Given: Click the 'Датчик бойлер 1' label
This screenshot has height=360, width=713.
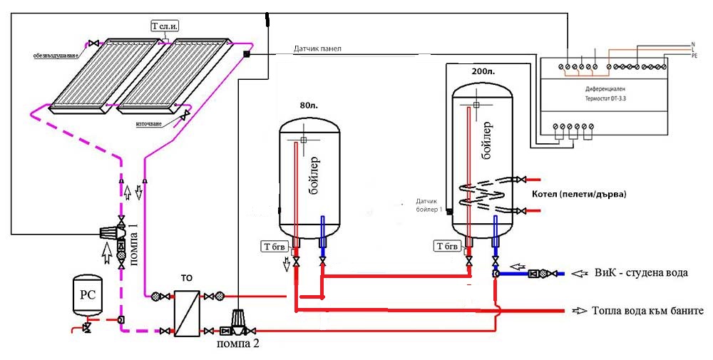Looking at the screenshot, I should click(431, 205).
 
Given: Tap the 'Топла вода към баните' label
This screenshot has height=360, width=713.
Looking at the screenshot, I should click(647, 311).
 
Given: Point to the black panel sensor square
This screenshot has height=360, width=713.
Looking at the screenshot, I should click(246, 54).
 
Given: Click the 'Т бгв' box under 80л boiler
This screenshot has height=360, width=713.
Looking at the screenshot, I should click(274, 247).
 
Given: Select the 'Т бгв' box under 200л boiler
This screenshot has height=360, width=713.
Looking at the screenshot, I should click(447, 247).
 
